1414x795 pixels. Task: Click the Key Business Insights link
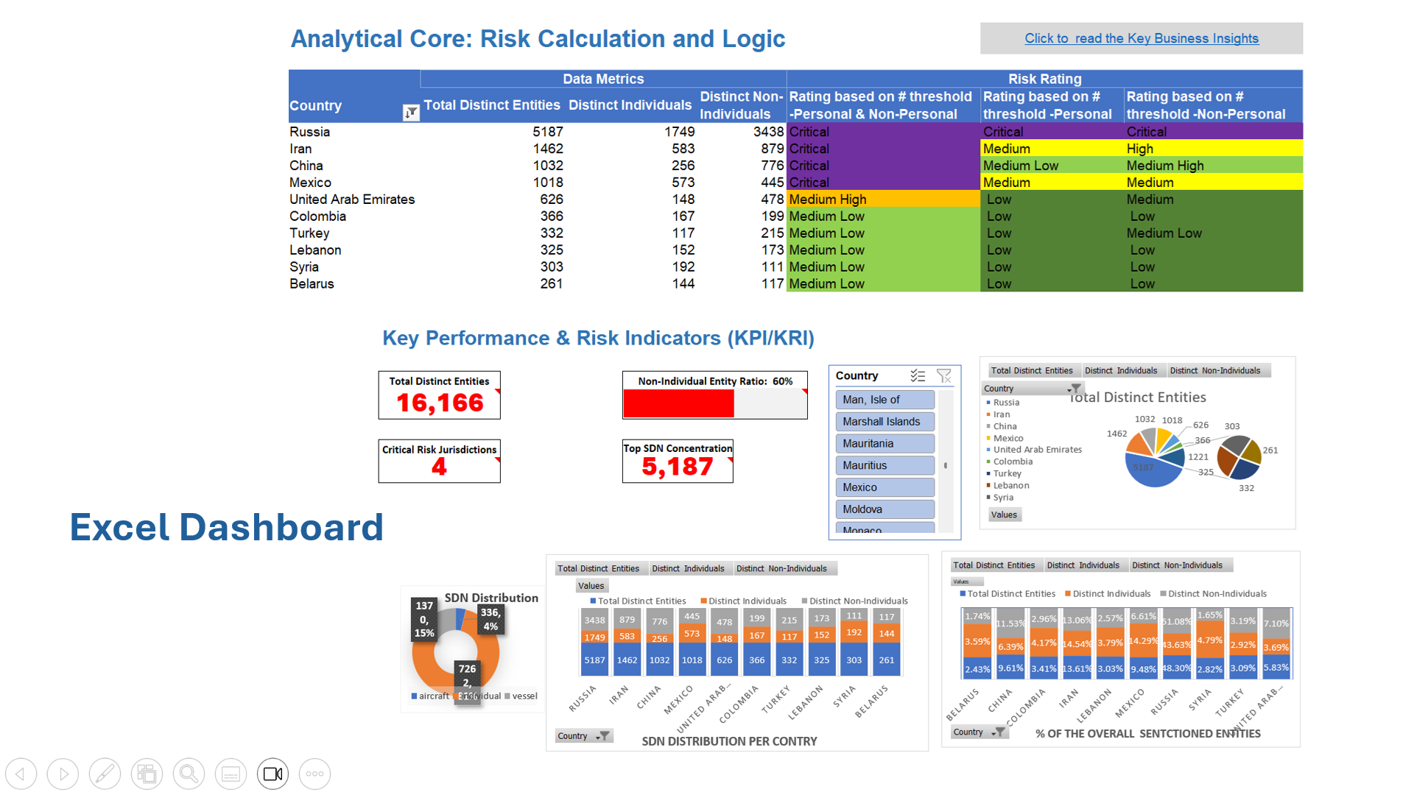pyautogui.click(x=1141, y=38)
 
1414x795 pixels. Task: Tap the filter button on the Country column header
pyautogui.click(x=411, y=113)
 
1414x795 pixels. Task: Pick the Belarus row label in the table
pyautogui.click(x=312, y=284)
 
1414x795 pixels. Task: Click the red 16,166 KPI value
pyautogui.click(x=440, y=403)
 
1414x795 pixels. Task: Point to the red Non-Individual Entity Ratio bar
pyautogui.click(x=678, y=403)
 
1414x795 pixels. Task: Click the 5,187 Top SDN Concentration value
pyautogui.click(x=677, y=467)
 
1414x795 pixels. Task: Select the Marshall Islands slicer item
pyautogui.click(x=884, y=422)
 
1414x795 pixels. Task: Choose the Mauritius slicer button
pyautogui.click(x=884, y=465)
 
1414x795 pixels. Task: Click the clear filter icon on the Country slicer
pyautogui.click(x=943, y=376)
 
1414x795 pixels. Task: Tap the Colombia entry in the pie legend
pyautogui.click(x=1013, y=462)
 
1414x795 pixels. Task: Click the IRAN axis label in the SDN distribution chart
pyautogui.click(x=619, y=695)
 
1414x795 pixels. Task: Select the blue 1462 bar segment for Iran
pyautogui.click(x=627, y=660)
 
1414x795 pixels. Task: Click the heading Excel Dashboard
pyautogui.click(x=226, y=527)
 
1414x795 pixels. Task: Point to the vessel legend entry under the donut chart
pyautogui.click(x=524, y=696)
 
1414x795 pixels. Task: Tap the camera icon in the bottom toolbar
pyautogui.click(x=272, y=774)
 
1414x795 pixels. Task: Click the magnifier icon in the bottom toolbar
pyautogui.click(x=189, y=774)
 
